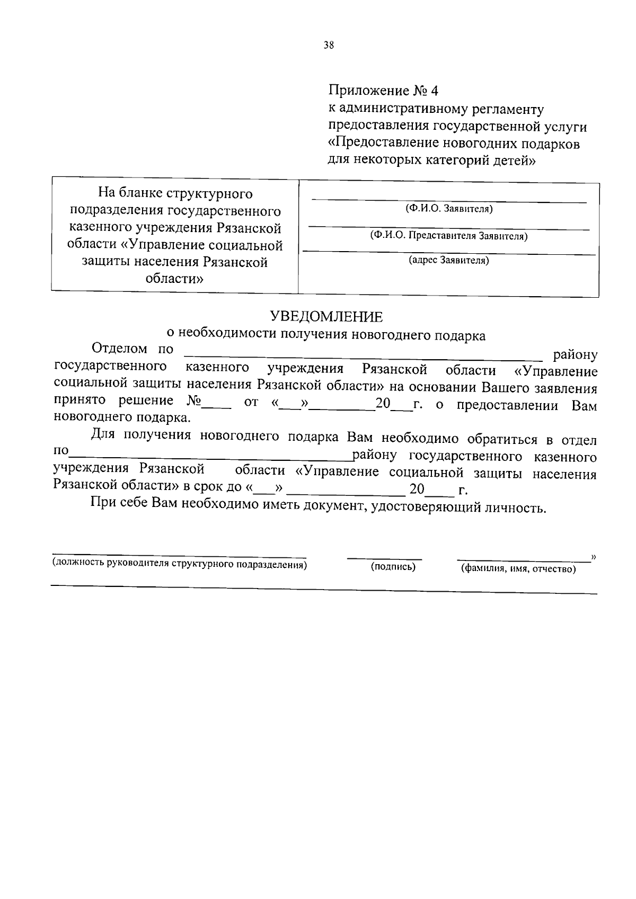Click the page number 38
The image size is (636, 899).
329,46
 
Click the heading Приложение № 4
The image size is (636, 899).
383,91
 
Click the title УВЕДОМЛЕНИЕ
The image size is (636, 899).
326,317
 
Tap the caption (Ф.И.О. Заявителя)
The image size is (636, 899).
449,209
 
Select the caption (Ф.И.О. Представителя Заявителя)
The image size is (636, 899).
448,236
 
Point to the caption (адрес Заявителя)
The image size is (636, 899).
448,261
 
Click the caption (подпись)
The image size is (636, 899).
393,567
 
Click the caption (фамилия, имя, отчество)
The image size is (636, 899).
518,569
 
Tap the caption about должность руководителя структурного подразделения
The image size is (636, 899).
179,564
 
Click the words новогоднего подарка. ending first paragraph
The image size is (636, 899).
122,417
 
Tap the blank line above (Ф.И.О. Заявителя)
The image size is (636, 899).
448,200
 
